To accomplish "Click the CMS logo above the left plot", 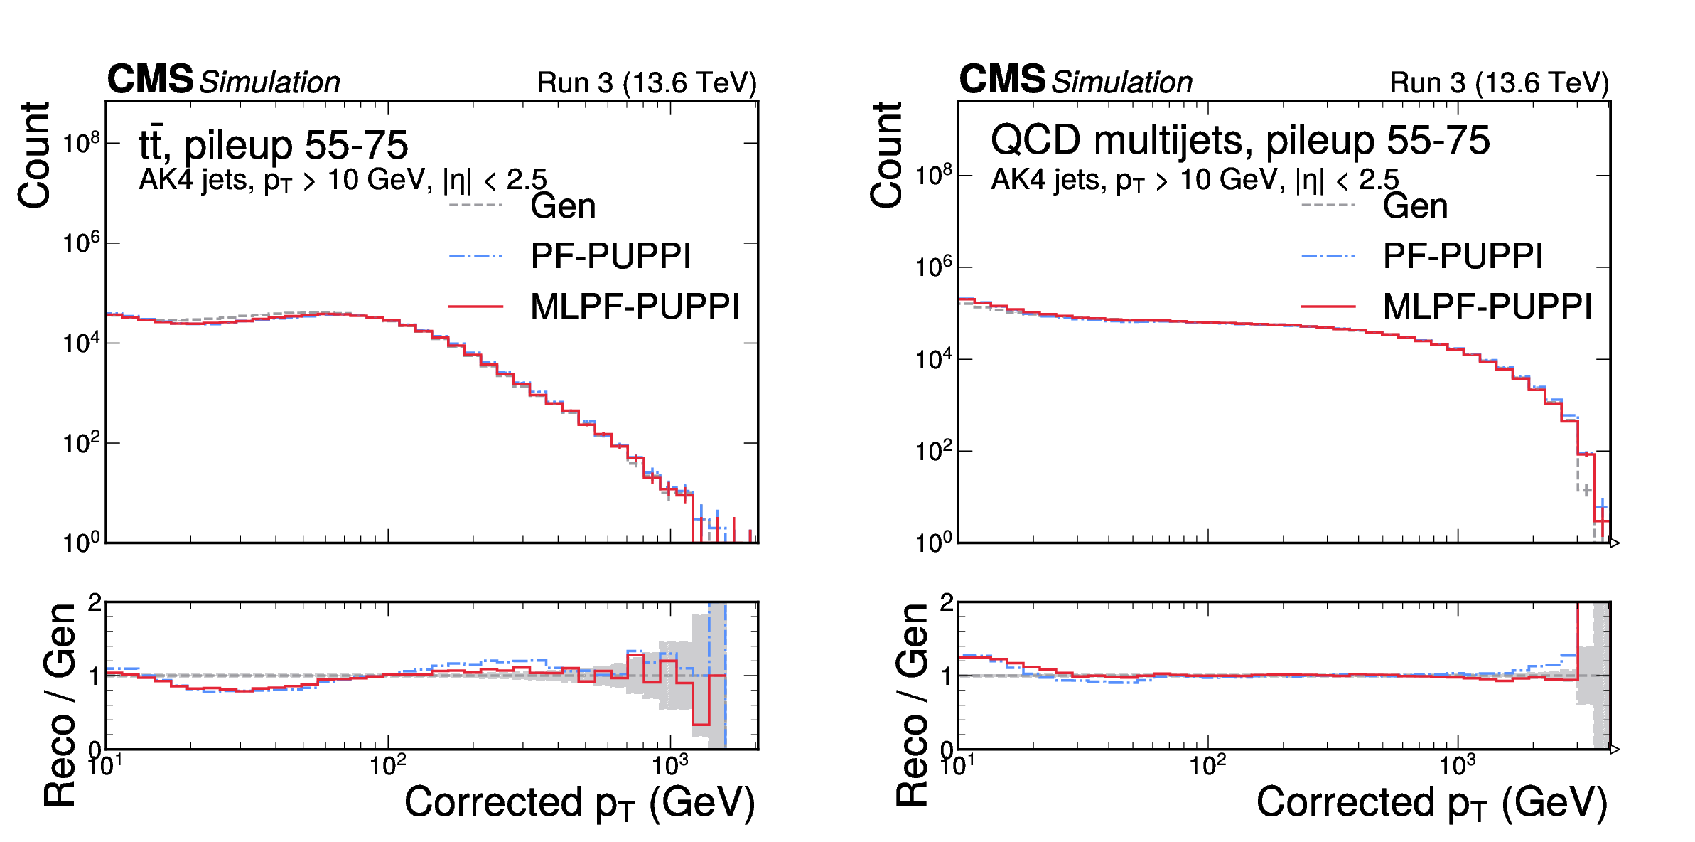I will point(150,79).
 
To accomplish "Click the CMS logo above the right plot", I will point(1002,79).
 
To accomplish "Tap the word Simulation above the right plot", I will point(1122,82).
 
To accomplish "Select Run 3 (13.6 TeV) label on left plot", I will point(647,83).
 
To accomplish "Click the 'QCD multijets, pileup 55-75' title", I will point(1239,140).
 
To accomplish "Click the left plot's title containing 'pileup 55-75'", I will point(274,145).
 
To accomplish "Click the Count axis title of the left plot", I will point(34,155).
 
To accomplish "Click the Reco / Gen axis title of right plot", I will point(913,704).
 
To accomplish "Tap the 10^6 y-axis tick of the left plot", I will point(81,243).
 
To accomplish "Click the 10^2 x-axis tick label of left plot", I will point(388,766).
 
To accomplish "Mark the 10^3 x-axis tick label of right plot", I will point(1458,766).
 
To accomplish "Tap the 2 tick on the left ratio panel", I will point(95,603).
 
